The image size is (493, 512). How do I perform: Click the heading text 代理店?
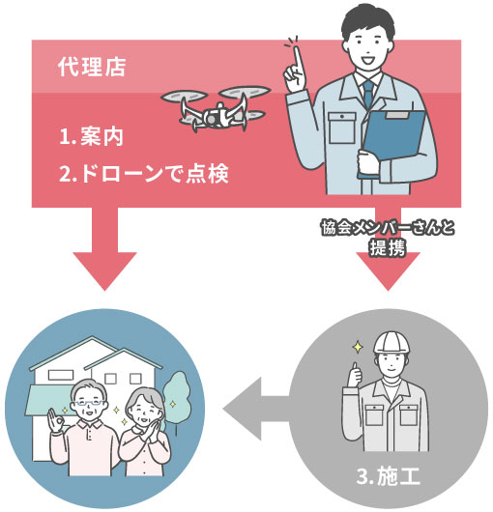(x=92, y=67)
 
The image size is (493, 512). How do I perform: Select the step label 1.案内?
(x=91, y=136)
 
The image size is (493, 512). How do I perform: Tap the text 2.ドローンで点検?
(x=144, y=173)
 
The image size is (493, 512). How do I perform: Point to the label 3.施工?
(x=389, y=476)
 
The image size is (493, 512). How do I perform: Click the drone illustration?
(x=216, y=108)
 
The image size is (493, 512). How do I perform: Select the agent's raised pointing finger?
(x=298, y=61)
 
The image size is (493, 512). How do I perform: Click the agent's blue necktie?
(x=368, y=93)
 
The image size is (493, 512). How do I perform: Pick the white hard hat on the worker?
(x=391, y=343)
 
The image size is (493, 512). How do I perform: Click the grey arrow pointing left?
(x=256, y=409)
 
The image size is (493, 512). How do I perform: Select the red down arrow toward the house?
(x=104, y=248)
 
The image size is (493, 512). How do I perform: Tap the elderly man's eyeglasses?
(x=89, y=403)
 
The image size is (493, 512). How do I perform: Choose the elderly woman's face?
(x=143, y=411)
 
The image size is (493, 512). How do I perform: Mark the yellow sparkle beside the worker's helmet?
(x=358, y=347)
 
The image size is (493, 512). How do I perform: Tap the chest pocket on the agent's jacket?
(x=342, y=128)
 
